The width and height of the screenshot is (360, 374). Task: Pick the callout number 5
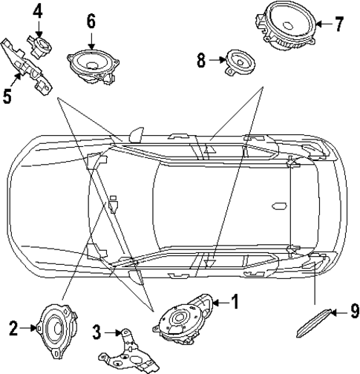(8, 96)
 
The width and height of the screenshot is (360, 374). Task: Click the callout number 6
(91, 20)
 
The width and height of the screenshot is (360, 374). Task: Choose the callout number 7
(339, 24)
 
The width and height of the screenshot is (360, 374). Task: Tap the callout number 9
(354, 312)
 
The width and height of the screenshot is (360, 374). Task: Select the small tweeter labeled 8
(240, 60)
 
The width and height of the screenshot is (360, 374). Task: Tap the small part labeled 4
(38, 42)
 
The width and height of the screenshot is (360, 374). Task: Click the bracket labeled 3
(127, 350)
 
